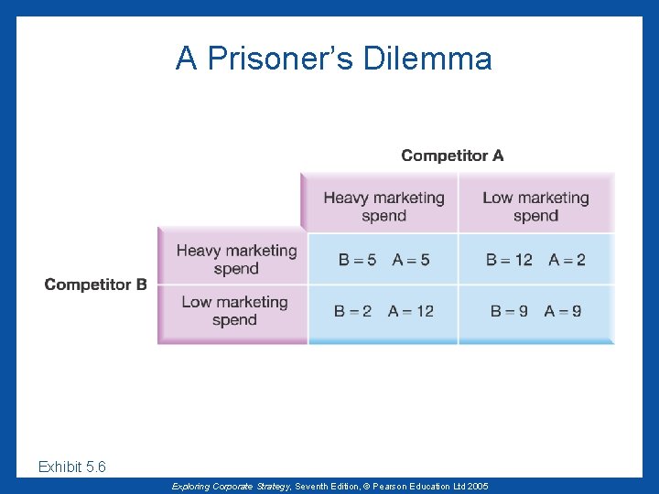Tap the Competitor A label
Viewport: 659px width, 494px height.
(452, 156)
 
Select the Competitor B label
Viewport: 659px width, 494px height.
(95, 285)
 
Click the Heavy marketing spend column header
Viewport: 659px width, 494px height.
(384, 207)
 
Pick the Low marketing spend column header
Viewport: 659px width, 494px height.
(535, 207)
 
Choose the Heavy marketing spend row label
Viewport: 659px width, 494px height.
(236, 260)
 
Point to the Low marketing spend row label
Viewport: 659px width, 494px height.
(234, 311)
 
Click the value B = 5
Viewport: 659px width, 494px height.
(357, 260)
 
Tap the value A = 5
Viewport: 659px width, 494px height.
(411, 260)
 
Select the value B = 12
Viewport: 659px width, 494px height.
(509, 260)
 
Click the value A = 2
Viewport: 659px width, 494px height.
(567, 260)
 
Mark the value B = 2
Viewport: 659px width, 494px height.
(352, 311)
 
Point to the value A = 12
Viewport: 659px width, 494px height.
(411, 311)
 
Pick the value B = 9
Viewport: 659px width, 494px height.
(509, 311)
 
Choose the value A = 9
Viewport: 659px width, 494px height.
(563, 311)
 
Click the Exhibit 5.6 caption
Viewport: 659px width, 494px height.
(72, 467)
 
